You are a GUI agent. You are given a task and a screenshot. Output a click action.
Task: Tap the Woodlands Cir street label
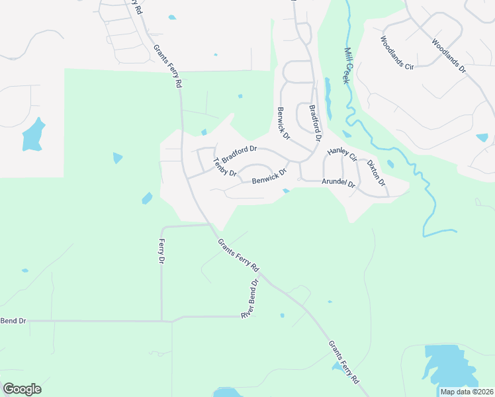click(396, 54)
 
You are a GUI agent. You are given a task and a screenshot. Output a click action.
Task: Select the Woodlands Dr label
click(449, 56)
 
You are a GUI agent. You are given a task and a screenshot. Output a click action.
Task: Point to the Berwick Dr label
click(283, 124)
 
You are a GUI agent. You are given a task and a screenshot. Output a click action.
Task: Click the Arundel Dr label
click(339, 183)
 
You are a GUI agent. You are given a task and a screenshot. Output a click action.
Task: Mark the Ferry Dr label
click(161, 252)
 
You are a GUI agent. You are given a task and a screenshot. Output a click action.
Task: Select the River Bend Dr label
click(249, 298)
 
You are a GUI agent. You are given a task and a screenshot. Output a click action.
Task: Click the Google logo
click(22, 389)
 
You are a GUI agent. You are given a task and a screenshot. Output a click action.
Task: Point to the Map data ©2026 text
click(467, 391)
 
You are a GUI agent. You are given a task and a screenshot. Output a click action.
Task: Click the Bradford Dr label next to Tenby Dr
click(239, 155)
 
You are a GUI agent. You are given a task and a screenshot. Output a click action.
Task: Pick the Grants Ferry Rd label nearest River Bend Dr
click(238, 255)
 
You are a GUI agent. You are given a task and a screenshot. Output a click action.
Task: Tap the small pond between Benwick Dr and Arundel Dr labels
click(286, 191)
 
